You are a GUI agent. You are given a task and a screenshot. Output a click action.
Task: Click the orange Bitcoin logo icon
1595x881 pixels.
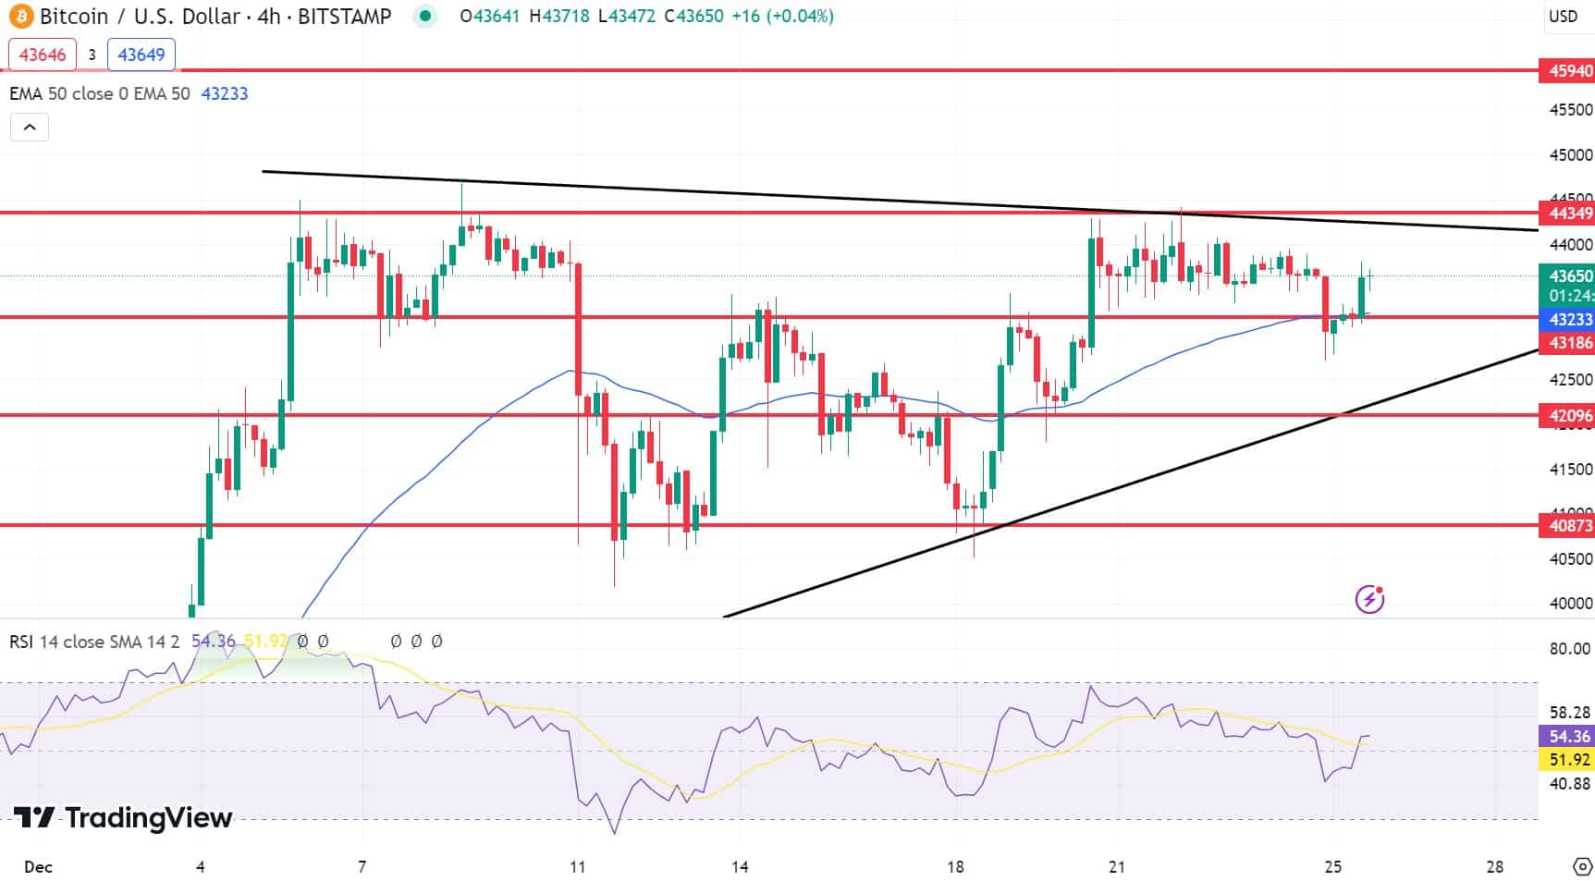tap(20, 16)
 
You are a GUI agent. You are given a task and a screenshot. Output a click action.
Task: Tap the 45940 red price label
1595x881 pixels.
tap(1567, 71)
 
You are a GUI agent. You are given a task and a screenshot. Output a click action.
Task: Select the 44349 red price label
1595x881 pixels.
tap(1567, 214)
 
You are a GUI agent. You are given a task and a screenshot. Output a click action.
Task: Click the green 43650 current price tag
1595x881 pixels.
tap(1567, 275)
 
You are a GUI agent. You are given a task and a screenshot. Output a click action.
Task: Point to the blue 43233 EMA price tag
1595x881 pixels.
tap(1567, 319)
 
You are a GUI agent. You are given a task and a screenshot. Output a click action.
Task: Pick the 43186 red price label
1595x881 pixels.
tap(1567, 343)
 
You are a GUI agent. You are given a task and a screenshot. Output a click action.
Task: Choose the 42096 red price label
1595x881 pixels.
tap(1567, 416)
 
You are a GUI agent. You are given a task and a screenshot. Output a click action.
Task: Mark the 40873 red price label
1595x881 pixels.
tap(1567, 526)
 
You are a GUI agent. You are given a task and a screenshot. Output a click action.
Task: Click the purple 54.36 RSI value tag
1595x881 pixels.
tap(1567, 737)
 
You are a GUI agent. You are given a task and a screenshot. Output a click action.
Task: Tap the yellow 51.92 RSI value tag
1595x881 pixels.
tap(1567, 760)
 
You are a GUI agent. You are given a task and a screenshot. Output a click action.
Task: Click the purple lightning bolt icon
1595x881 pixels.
tap(1369, 599)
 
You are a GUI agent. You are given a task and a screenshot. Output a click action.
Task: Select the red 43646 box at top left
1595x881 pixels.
tap(43, 55)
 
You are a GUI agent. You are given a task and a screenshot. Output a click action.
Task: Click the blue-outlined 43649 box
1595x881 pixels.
tap(141, 55)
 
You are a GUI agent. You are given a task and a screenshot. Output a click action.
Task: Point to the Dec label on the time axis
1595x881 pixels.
tap(38, 867)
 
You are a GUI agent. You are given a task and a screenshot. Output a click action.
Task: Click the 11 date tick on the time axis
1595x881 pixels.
tap(577, 867)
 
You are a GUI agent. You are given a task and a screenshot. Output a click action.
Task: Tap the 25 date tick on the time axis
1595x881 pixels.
tap(1332, 867)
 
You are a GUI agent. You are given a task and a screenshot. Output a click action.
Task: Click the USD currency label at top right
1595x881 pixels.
tap(1563, 16)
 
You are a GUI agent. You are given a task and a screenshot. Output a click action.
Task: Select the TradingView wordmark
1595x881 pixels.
tap(123, 818)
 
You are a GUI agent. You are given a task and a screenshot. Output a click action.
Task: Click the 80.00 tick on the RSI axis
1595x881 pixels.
tap(1569, 649)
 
